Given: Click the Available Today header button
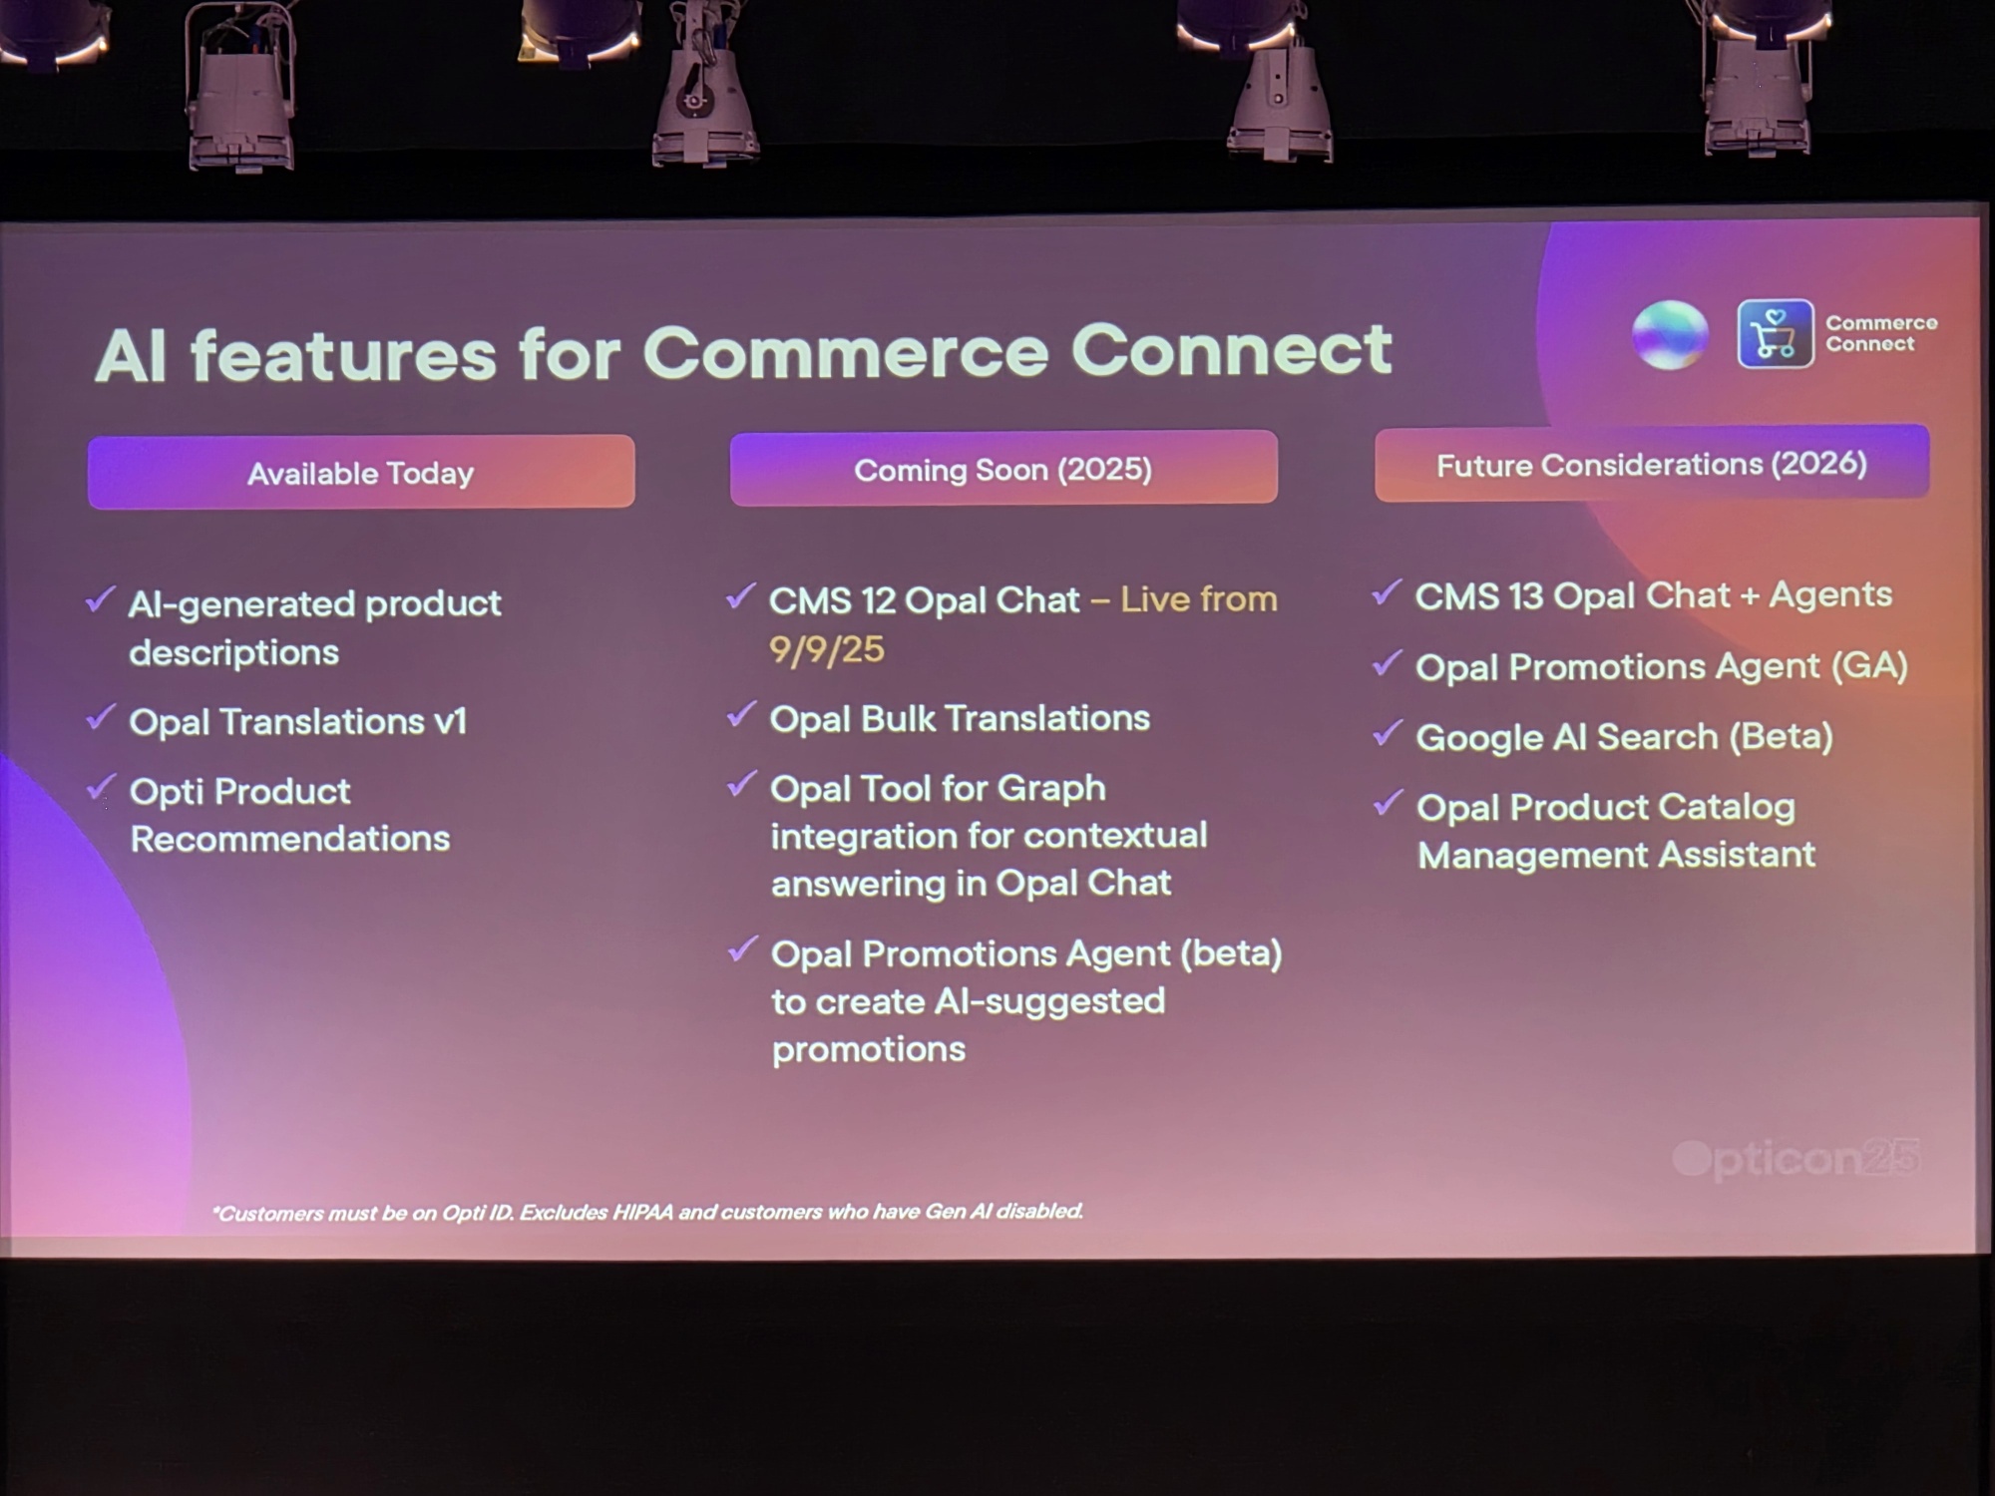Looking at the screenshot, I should coord(360,473).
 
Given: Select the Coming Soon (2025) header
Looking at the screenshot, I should coord(1002,469).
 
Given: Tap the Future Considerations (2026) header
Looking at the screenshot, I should coord(1651,464).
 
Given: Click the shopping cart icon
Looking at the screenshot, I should coord(1775,334).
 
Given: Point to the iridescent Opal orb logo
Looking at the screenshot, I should coord(1670,334).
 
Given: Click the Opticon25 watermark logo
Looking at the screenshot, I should coord(1795,1159).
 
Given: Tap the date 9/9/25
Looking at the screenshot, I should coord(826,650).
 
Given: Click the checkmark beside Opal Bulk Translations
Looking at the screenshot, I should coord(741,714).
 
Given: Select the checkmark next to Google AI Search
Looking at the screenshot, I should coord(1388,734).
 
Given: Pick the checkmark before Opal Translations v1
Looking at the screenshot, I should coord(101,717).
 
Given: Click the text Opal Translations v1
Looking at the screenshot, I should coord(297,721).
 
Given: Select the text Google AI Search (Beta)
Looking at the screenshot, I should coord(1624,737).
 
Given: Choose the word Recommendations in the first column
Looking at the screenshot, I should coord(289,839).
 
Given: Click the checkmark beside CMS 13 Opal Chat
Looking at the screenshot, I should coord(1387,592).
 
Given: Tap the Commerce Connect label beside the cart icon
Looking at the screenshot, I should coord(1881,333).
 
